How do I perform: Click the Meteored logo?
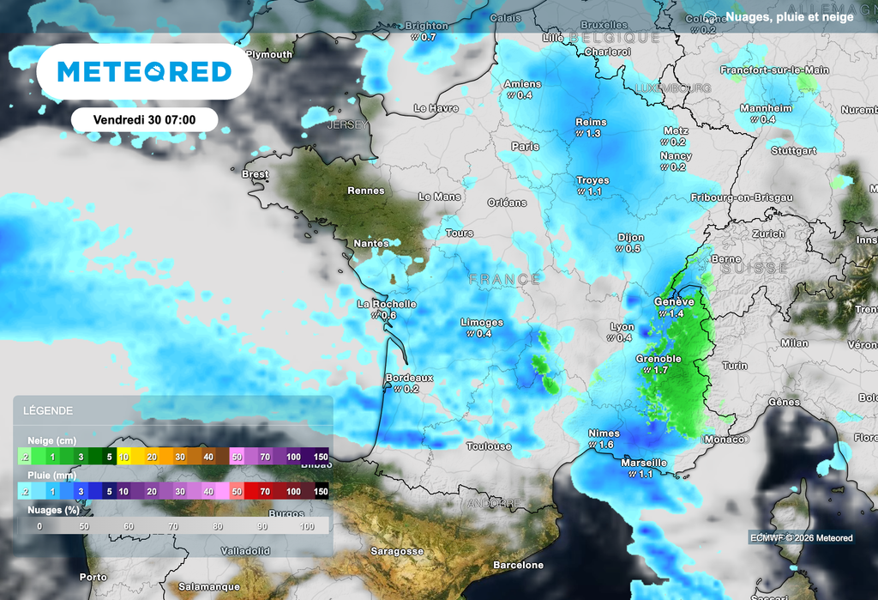tap(145, 72)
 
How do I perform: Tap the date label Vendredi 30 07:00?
tap(144, 120)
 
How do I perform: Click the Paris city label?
tap(525, 147)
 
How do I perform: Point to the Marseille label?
tap(643, 463)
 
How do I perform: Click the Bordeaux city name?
tap(409, 378)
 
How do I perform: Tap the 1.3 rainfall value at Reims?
tap(590, 134)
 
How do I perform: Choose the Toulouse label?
tap(489, 446)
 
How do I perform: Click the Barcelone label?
tap(518, 566)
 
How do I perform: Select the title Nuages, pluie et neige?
tap(789, 17)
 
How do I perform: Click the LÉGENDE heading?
tap(48, 411)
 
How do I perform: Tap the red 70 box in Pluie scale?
tap(265, 491)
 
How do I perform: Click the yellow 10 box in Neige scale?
tap(125, 457)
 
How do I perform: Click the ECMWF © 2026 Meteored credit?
tap(801, 538)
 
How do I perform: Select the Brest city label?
tap(256, 174)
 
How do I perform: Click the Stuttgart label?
tap(793, 150)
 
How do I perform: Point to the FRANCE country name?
tap(505, 280)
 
